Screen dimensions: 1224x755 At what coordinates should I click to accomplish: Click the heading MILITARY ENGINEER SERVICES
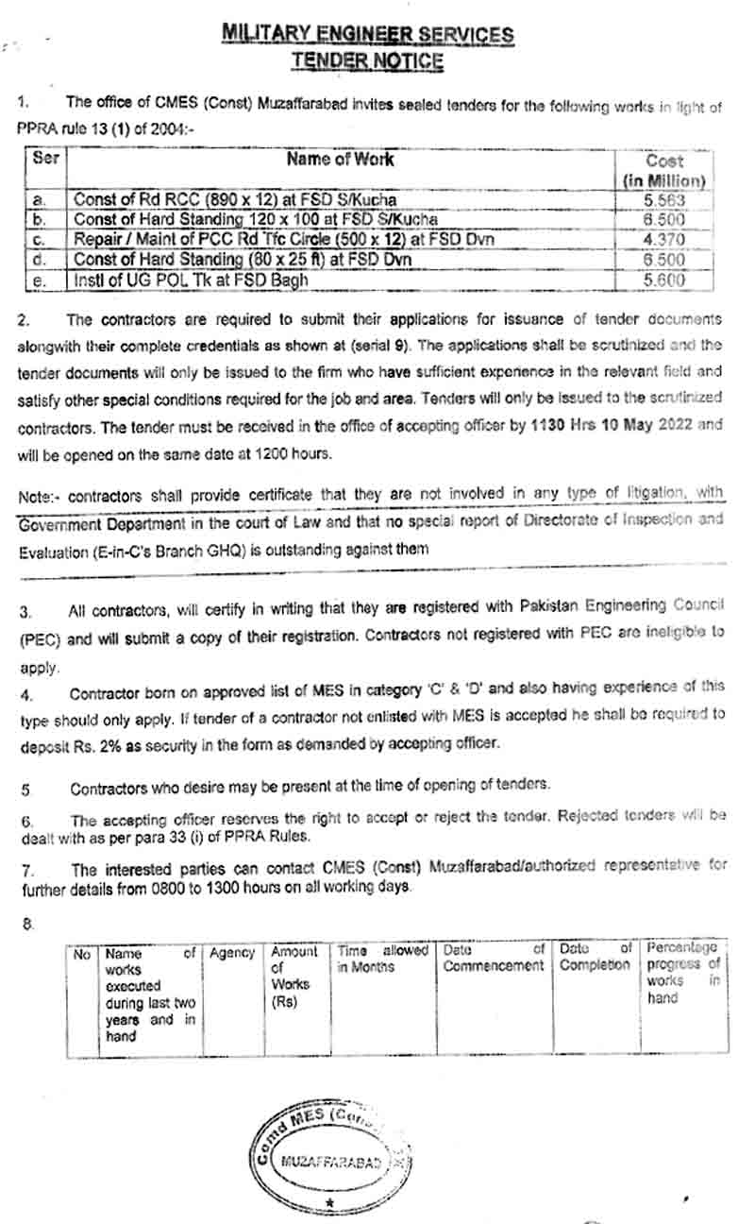tap(368, 36)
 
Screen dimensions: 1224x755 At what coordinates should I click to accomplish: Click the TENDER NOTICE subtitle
tap(367, 61)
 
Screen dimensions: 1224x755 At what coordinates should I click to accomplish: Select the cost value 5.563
tap(663, 200)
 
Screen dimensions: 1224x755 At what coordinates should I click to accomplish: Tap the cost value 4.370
tap(663, 240)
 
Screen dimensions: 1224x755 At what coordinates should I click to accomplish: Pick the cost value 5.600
tap(663, 280)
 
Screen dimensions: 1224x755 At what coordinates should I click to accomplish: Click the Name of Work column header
tap(340, 160)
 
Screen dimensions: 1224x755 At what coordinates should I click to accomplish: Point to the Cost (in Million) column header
tap(663, 170)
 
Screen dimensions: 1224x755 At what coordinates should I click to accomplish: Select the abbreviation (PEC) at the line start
tap(38, 638)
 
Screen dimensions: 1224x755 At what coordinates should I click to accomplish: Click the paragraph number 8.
tap(28, 924)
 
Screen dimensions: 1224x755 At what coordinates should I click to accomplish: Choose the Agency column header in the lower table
tap(232, 954)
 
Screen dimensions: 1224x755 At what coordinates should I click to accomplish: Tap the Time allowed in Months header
tap(382, 960)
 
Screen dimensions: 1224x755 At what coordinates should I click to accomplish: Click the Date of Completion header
tap(595, 958)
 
